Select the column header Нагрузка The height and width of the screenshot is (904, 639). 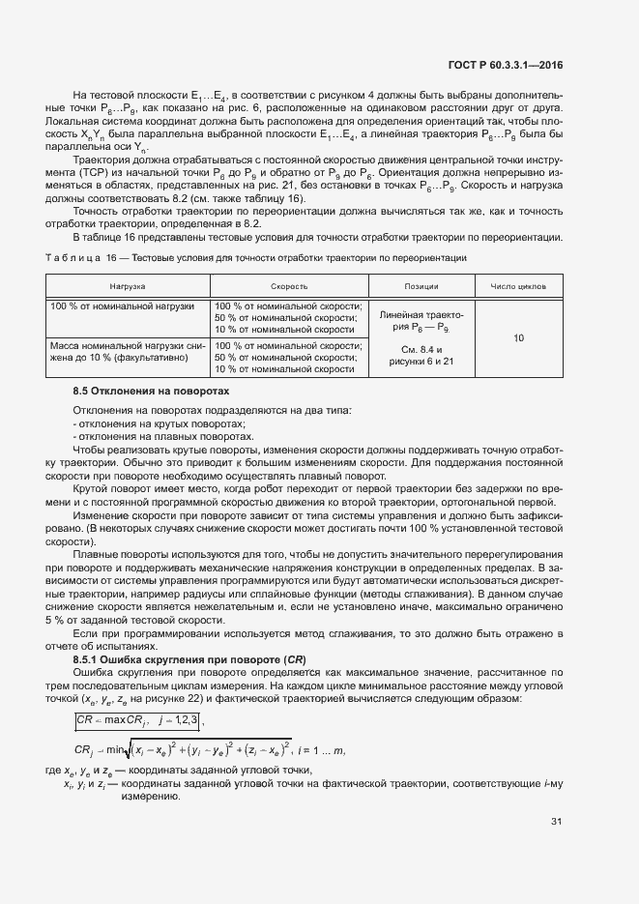point(127,287)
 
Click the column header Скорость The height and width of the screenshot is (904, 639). point(289,287)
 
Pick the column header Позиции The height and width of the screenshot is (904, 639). point(421,287)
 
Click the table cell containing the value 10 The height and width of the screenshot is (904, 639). point(519,338)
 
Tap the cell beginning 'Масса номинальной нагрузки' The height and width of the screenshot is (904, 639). point(127,351)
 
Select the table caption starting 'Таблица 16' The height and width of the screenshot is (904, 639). point(256,258)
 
